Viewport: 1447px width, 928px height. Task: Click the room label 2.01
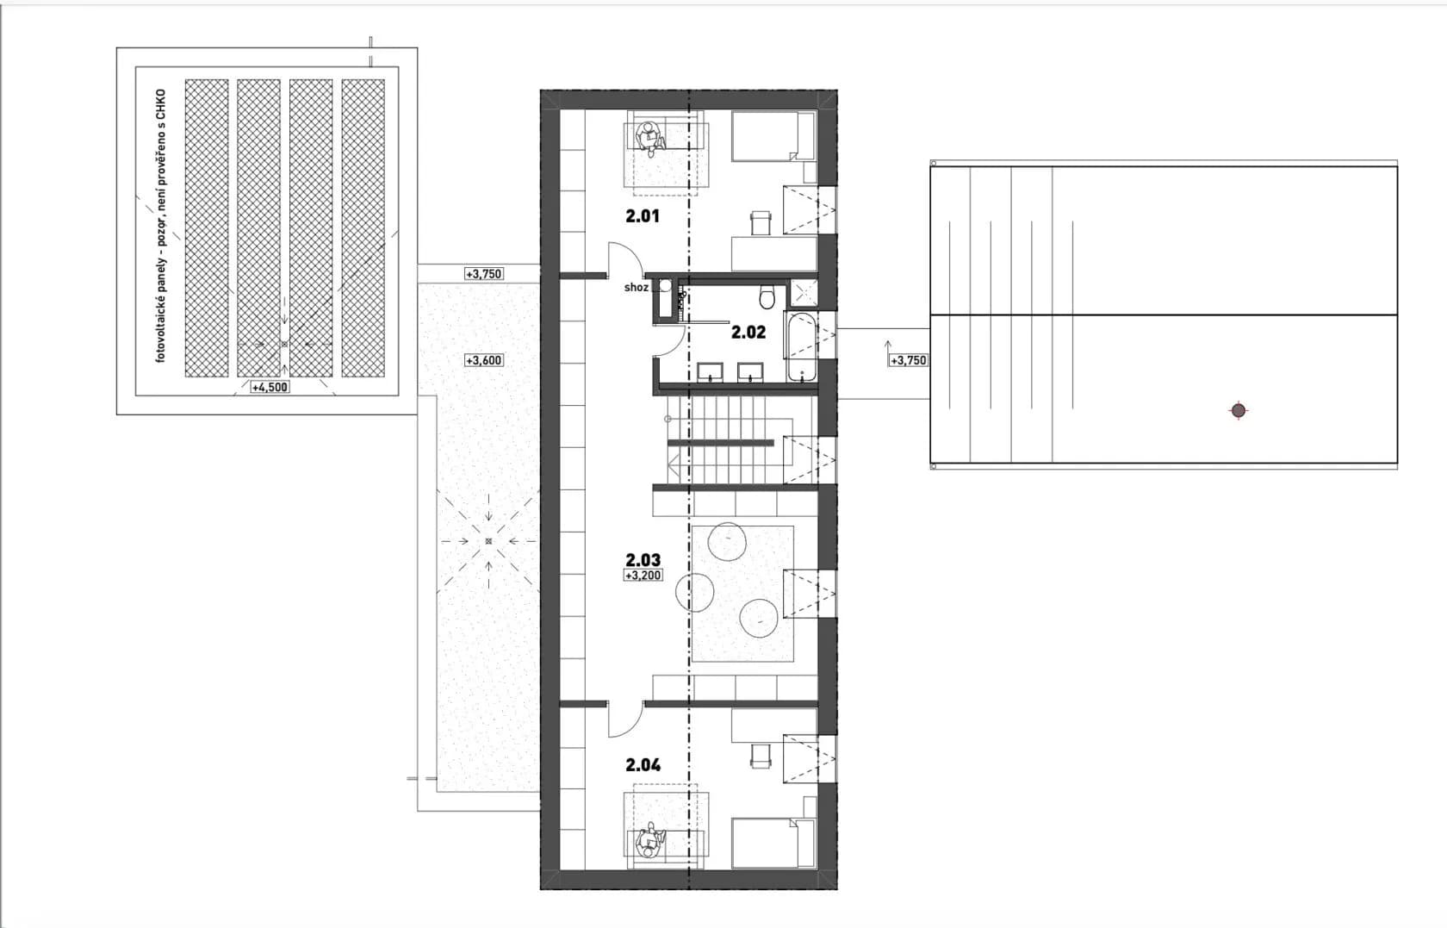643,215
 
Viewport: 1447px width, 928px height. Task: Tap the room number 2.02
748,333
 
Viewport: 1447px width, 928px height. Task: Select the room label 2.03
643,559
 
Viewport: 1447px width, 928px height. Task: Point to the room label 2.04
643,765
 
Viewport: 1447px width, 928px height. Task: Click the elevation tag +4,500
270,387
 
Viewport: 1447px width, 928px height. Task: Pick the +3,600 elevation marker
484,360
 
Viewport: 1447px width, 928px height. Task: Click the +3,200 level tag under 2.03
643,575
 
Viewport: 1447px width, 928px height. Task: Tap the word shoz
637,288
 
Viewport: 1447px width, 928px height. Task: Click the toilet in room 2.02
767,296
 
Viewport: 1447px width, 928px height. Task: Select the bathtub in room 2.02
802,346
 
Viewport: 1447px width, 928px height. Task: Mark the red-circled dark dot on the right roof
1239,410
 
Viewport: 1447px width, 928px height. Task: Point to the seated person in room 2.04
649,842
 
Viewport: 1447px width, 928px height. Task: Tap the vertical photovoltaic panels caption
161,225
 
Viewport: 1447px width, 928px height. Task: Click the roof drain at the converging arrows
488,541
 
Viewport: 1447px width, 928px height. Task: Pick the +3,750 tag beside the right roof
908,360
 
